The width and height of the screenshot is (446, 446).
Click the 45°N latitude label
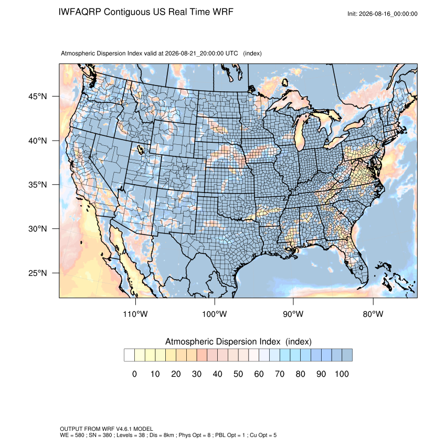(x=38, y=97)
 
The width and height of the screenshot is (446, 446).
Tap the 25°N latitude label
(x=38, y=273)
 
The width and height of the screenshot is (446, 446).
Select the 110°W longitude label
(x=135, y=314)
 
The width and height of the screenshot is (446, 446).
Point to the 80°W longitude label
(x=373, y=314)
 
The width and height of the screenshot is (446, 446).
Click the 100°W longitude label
(x=215, y=314)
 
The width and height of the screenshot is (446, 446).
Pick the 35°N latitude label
(x=38, y=185)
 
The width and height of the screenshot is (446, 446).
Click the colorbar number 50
(x=238, y=374)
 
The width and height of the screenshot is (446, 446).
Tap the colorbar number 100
(x=342, y=374)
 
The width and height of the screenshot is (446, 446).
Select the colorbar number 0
(x=134, y=374)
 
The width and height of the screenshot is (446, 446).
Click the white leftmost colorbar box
(x=129, y=355)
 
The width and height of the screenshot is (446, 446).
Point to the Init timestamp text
(x=383, y=14)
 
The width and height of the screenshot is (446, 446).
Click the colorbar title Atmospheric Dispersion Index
(x=222, y=342)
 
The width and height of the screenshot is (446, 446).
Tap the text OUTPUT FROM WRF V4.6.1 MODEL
(x=107, y=429)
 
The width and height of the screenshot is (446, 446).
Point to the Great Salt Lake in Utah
(x=140, y=150)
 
